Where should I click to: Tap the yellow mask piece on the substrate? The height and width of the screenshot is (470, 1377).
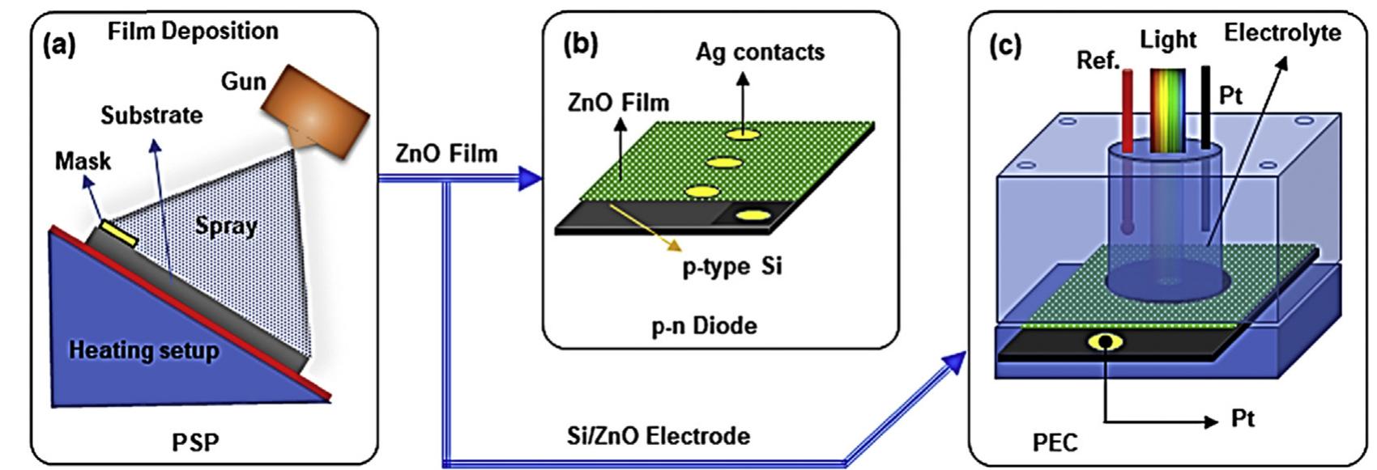click(x=118, y=235)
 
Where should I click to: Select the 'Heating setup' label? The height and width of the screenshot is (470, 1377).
click(x=143, y=351)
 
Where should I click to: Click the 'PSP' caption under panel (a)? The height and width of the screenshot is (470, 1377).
click(x=195, y=442)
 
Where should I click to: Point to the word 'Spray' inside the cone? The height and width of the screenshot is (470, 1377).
click(x=226, y=226)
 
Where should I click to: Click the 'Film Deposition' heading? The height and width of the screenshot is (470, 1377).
click(x=193, y=32)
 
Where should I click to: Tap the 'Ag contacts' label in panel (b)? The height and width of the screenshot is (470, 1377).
click(x=759, y=53)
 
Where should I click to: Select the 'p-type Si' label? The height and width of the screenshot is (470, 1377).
click(x=731, y=266)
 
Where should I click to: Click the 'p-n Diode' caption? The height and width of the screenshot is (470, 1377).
click(x=704, y=326)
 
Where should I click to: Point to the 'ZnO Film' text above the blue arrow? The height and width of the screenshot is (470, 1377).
click(x=446, y=154)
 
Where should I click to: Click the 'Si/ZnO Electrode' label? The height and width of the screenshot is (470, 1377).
click(x=658, y=436)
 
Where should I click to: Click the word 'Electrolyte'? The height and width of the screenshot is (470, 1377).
click(x=1281, y=33)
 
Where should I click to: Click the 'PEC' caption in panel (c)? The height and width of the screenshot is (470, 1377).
click(x=1055, y=442)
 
